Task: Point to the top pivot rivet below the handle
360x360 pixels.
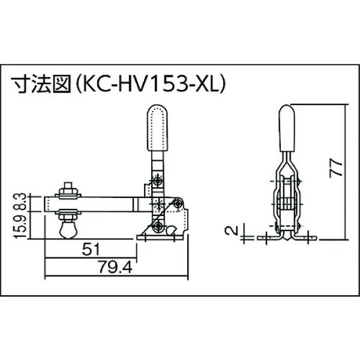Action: pyautogui.click(x=157, y=180)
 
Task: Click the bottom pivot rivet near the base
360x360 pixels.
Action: pyautogui.click(x=157, y=226)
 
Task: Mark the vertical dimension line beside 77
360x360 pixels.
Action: pyautogui.click(x=347, y=171)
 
